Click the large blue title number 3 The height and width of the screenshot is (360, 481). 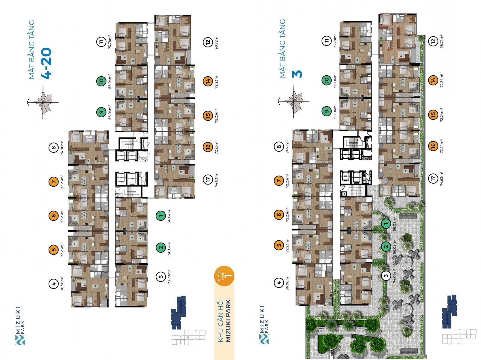pos(297,74)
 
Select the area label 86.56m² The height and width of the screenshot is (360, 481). pos(62,283)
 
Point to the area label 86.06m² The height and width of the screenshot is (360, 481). pos(287,283)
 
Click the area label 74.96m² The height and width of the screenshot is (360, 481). pos(62,148)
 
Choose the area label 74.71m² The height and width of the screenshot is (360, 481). pos(287,147)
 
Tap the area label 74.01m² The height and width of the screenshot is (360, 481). pos(394,276)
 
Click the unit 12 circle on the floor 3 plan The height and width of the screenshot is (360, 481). pos(433,41)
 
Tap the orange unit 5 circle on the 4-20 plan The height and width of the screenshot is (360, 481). pos(53,249)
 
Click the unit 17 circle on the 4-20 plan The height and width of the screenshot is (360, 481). pos(208,179)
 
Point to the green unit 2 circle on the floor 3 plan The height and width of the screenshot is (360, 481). pos(386,246)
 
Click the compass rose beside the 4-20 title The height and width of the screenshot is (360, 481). pos(43,102)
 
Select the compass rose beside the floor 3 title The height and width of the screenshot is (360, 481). pos(294,101)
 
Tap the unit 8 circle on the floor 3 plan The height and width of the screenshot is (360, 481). pos(279,147)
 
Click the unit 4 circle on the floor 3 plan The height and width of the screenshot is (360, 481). pos(279,283)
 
